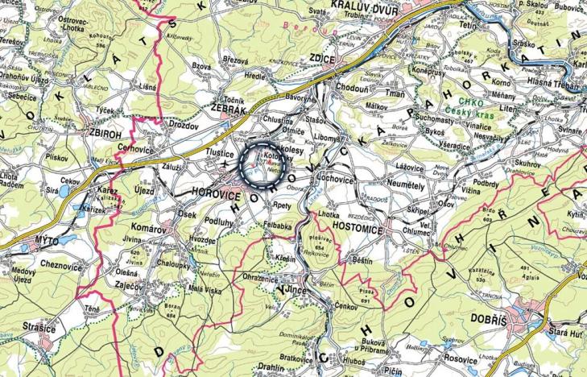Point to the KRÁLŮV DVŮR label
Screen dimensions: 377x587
[368, 6]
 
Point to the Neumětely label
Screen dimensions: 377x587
[415, 183]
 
